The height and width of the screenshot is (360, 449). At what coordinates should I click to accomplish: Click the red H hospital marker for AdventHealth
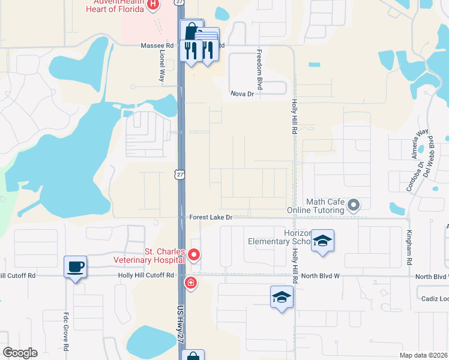point(153,5)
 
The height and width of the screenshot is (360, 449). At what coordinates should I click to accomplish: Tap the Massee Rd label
point(157,46)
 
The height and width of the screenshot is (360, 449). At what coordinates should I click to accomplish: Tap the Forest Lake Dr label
point(210,217)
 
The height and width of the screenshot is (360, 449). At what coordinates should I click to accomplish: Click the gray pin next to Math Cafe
point(354,206)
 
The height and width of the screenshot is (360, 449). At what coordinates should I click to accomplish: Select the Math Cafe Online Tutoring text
point(324,206)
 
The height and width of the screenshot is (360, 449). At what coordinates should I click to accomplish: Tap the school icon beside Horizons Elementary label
point(323,241)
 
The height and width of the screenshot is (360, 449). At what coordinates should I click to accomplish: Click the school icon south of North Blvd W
point(282,297)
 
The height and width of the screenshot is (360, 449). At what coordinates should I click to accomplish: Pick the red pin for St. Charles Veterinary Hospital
point(194,255)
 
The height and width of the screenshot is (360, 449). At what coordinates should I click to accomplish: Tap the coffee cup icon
point(76,266)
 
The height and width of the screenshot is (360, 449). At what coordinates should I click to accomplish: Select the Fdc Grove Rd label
point(66,330)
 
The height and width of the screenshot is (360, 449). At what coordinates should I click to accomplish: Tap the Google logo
point(20,353)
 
